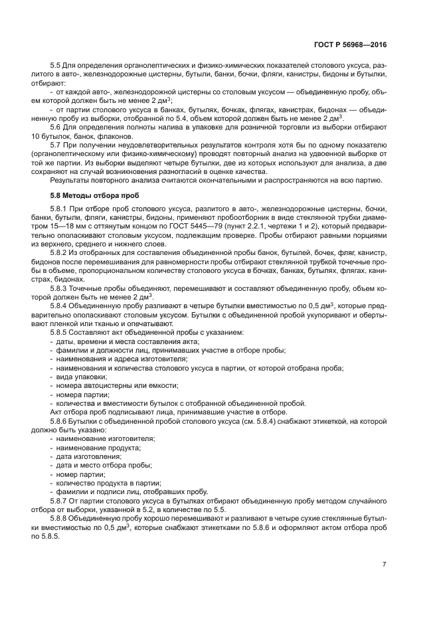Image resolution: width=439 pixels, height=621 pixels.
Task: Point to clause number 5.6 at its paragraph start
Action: [56, 135]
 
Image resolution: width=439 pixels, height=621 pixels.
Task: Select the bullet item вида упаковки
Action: [79, 377]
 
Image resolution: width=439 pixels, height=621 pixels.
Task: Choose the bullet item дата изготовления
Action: [88, 457]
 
